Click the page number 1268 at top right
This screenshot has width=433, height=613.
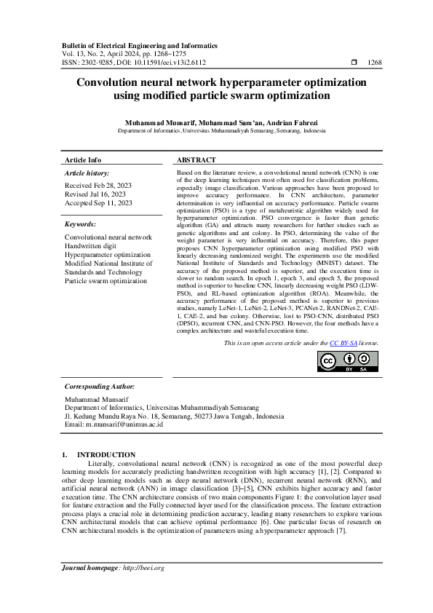(375, 63)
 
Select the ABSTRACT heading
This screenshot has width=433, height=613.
(196, 159)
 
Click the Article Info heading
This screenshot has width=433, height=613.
(83, 159)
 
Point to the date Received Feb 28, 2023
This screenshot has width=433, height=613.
(95, 186)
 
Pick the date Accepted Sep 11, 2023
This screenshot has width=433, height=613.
(98, 203)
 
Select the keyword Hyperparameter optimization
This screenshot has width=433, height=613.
(107, 255)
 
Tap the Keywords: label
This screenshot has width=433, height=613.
(80, 225)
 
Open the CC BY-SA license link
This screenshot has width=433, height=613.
(341, 342)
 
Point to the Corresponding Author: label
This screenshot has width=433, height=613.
(100, 387)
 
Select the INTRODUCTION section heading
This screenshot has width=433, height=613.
(106, 454)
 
